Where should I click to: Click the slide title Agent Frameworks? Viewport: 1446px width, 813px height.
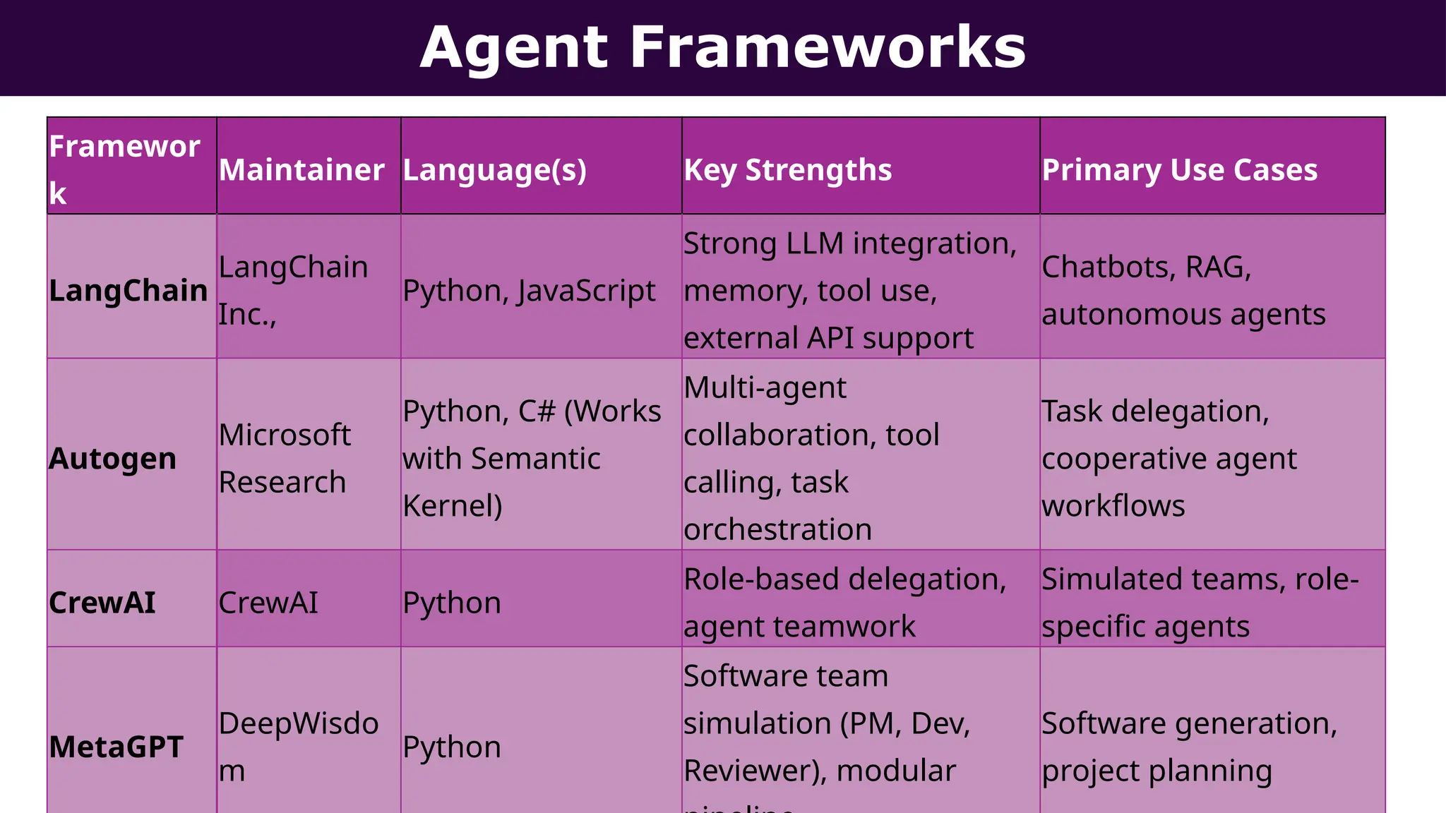pyautogui.click(x=722, y=47)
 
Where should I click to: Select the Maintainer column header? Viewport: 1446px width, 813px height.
pyautogui.click(x=301, y=170)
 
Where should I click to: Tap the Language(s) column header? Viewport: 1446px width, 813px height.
pyautogui.click(x=494, y=170)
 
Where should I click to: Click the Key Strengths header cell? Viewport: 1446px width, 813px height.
pyautogui.click(x=787, y=170)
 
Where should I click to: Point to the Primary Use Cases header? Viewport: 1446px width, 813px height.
pyautogui.click(x=1179, y=170)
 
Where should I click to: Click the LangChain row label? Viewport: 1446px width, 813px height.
pyautogui.click(x=128, y=291)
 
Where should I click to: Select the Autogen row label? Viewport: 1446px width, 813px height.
pyautogui.click(x=112, y=459)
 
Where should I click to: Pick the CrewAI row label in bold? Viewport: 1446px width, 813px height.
pyautogui.click(x=102, y=603)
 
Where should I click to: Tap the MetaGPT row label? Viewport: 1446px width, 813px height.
pyautogui.click(x=116, y=747)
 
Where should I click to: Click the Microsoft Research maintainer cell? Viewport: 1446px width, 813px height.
pyautogui.click(x=285, y=459)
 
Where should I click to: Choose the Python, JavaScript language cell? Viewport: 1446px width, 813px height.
pyautogui.click(x=529, y=291)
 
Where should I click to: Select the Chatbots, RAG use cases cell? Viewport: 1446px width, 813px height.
pyautogui.click(x=1183, y=291)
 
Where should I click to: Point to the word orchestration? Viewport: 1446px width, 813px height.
pyautogui.click(x=777, y=529)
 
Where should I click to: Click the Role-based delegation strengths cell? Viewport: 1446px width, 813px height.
pyautogui.click(x=844, y=603)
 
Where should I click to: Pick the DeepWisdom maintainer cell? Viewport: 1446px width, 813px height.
pyautogui.click(x=298, y=747)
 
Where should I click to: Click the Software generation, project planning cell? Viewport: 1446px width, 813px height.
pyautogui.click(x=1189, y=747)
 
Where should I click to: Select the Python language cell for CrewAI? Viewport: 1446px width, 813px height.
pyautogui.click(x=452, y=603)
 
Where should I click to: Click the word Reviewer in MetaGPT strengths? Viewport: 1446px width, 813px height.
pyautogui.click(x=748, y=771)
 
